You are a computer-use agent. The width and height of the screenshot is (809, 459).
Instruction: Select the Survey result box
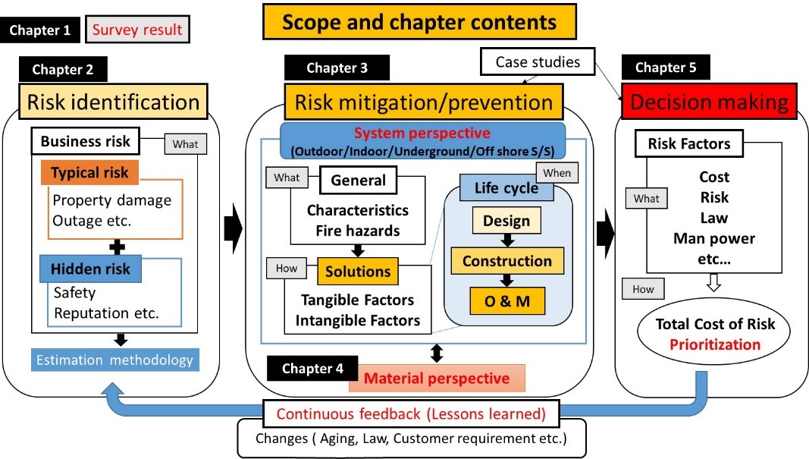(x=137, y=30)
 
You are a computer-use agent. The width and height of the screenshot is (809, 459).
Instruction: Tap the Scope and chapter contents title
(x=419, y=22)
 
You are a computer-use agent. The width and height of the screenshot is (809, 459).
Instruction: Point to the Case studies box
(x=538, y=62)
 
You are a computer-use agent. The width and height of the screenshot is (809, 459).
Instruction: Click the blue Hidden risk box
(x=90, y=269)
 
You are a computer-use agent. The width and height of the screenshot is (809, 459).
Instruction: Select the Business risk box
(x=85, y=141)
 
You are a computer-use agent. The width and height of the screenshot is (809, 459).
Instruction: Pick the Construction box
(x=507, y=261)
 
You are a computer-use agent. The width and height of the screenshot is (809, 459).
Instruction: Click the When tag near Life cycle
(x=557, y=173)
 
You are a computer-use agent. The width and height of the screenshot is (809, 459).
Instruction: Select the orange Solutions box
(x=358, y=271)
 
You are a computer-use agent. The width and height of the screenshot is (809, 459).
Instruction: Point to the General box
(x=359, y=181)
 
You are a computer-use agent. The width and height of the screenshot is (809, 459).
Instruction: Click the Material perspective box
(x=437, y=378)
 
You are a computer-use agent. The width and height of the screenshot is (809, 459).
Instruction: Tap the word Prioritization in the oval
(x=715, y=344)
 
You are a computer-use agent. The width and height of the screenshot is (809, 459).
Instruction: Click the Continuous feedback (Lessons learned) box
(x=412, y=414)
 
